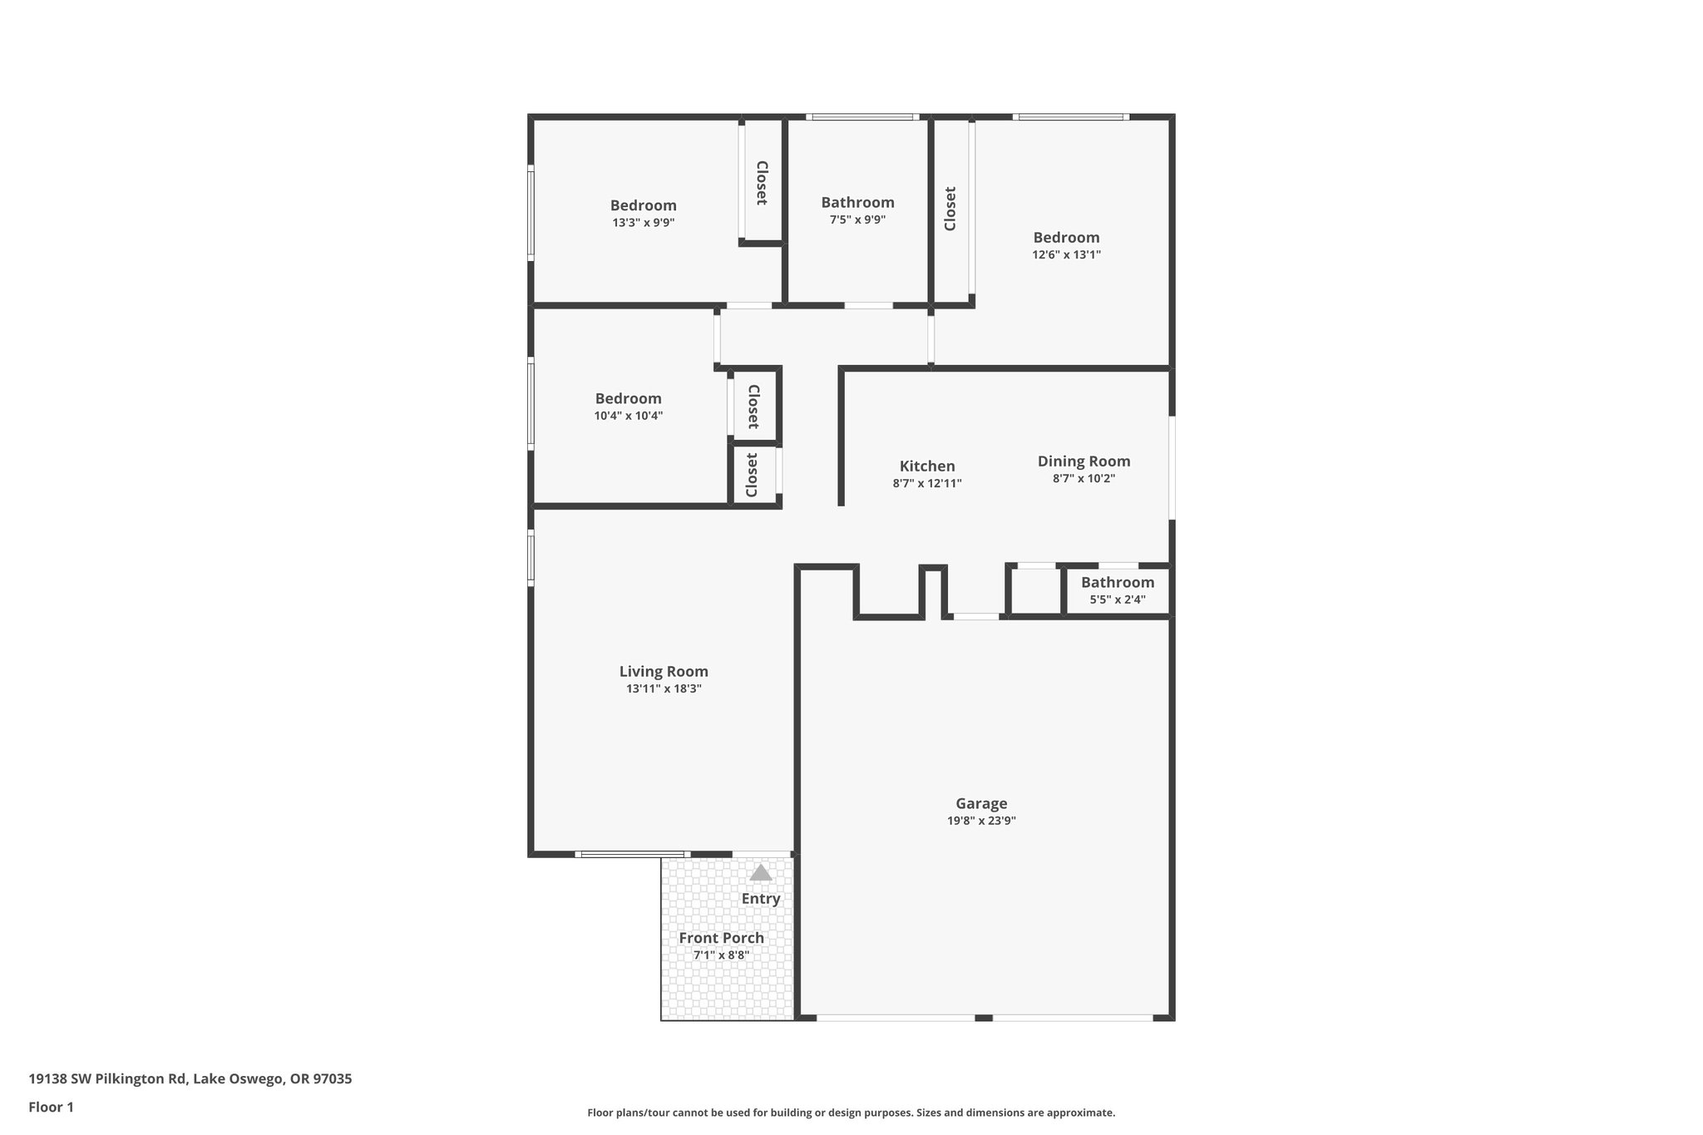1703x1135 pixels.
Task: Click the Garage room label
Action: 981,803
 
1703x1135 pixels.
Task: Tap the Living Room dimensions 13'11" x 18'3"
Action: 664,688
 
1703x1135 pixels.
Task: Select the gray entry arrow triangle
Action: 761,873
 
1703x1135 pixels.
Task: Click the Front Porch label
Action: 721,938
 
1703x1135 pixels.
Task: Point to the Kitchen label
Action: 927,466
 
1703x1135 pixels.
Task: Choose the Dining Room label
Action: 1084,461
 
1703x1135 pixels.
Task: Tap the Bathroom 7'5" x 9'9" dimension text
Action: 857,220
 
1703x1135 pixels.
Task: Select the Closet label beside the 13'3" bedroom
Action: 761,183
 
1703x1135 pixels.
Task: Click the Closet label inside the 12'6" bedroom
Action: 950,208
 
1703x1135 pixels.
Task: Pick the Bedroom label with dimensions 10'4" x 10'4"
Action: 628,398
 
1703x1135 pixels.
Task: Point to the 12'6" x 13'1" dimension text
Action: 1066,255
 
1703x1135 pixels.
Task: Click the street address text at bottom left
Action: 190,1078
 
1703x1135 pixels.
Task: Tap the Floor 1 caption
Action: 51,1107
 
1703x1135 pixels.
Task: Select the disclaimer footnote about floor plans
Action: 851,1113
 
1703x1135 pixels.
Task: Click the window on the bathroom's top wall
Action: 862,117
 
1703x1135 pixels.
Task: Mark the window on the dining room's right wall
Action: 1172,467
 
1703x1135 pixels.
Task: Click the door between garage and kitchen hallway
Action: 975,617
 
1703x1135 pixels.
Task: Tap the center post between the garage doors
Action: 983,1018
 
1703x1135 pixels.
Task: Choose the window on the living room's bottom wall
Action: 631,854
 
